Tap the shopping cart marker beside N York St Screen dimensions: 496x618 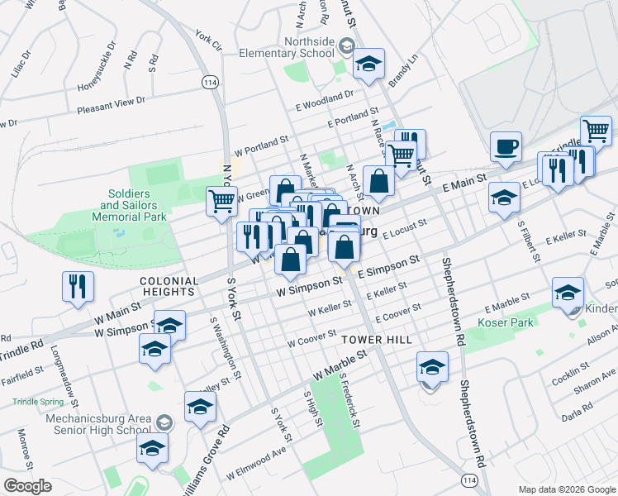click(x=221, y=202)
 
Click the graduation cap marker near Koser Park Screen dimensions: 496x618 click(x=568, y=294)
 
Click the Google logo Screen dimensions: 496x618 click(x=27, y=485)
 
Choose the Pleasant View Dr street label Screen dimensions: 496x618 click(x=111, y=105)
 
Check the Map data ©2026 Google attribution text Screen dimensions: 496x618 click(x=567, y=489)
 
